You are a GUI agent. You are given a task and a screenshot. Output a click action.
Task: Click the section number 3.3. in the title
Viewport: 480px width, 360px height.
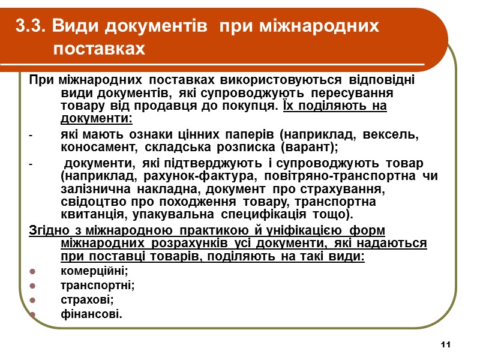point(32,26)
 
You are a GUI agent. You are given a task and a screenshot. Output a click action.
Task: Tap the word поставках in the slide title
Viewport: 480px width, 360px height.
point(99,49)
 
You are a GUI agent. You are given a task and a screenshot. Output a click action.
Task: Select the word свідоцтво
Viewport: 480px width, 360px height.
point(89,202)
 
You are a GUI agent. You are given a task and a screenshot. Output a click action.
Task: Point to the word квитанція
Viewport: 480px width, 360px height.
point(89,215)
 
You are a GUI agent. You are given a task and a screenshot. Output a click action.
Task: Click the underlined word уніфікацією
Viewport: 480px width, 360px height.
point(301,230)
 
